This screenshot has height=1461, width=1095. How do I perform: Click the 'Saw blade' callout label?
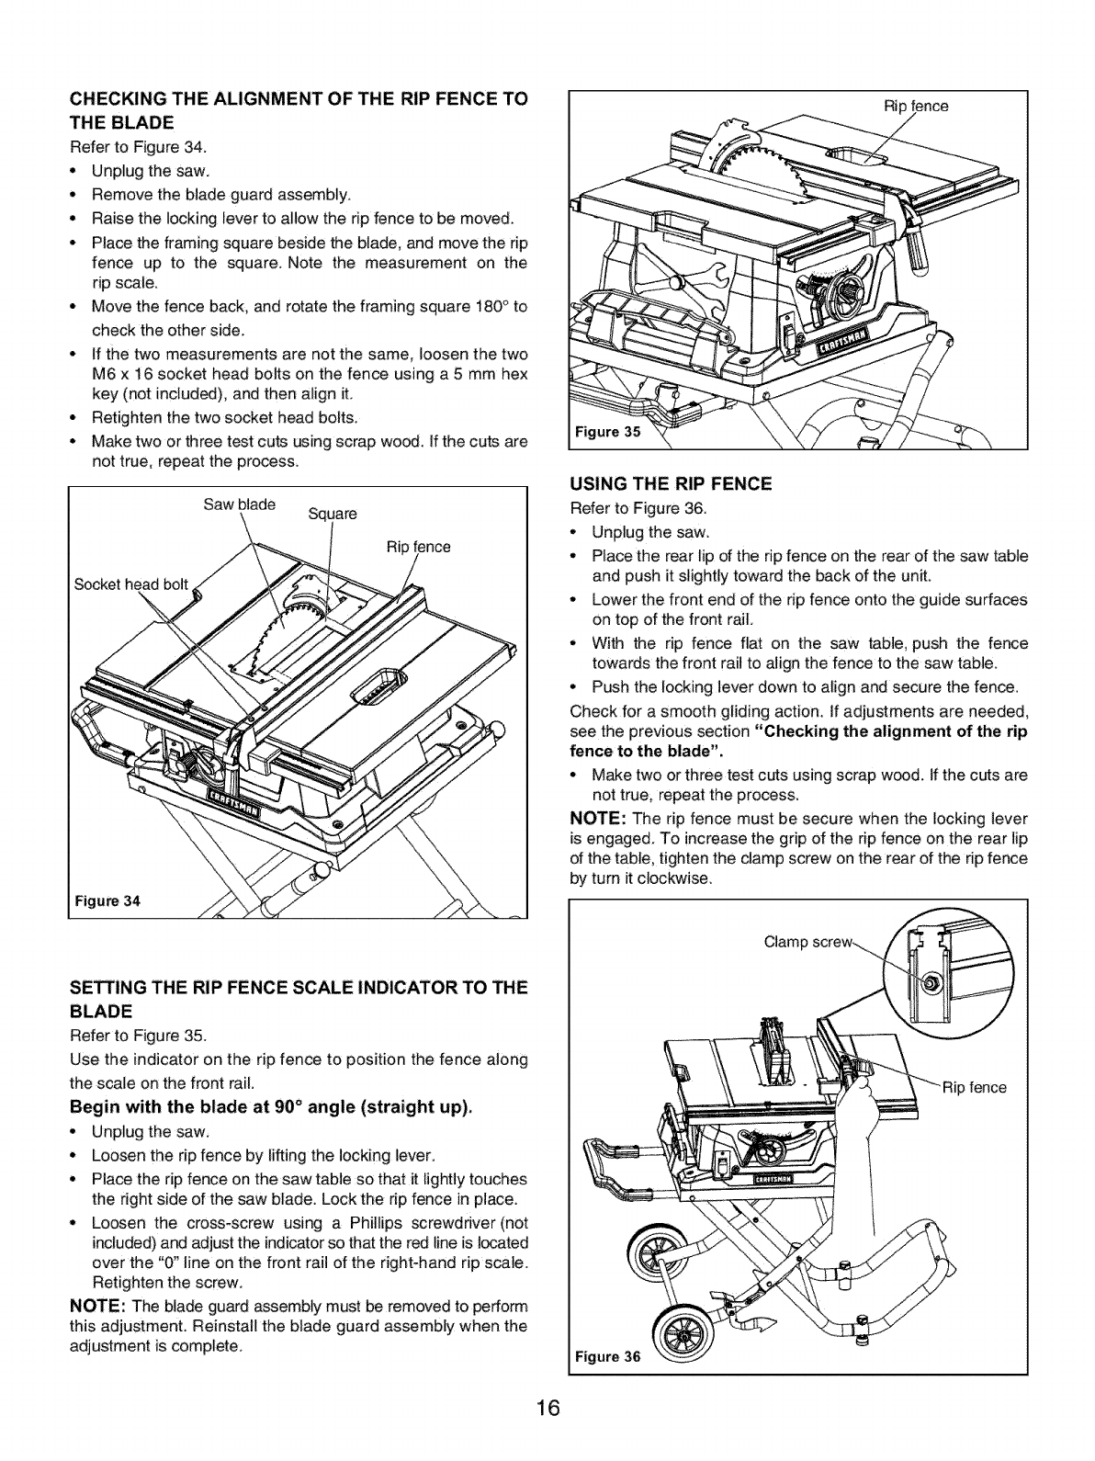233,503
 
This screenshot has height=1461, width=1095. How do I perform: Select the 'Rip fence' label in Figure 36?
975,1089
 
